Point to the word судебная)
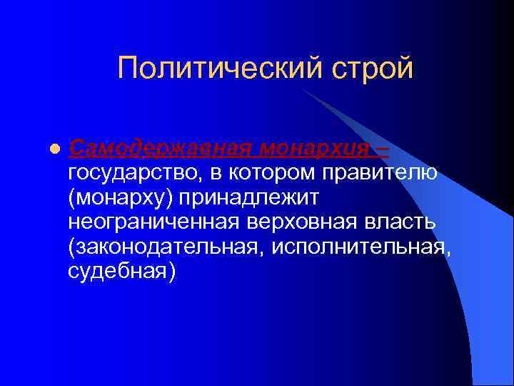(x=121, y=271)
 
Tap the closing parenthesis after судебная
(x=170, y=271)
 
